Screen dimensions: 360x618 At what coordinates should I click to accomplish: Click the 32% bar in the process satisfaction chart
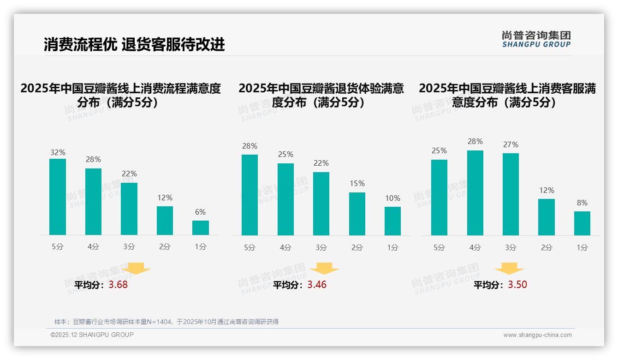pos(58,197)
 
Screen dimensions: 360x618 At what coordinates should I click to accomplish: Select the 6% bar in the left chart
pos(201,228)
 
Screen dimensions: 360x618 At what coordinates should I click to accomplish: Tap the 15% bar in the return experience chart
pos(357,214)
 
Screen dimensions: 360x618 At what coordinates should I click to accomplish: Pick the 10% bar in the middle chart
pos(392,221)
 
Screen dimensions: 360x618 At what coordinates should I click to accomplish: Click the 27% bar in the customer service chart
pos(511,194)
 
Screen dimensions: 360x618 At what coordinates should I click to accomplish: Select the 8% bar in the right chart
pos(582,223)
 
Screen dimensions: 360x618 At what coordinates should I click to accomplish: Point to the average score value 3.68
pos(118,285)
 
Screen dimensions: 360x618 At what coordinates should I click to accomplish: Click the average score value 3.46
pos(317,285)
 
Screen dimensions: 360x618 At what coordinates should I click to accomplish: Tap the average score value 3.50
pos(517,285)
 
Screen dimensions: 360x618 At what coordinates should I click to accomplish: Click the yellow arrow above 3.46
pos(325,269)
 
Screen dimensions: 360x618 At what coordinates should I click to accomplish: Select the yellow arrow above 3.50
pos(509,269)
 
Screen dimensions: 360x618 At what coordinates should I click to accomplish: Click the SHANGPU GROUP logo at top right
pos(536,39)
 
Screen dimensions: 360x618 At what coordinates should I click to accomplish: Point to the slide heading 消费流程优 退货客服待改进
pos(134,44)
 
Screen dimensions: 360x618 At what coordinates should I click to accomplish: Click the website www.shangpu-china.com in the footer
pos(537,335)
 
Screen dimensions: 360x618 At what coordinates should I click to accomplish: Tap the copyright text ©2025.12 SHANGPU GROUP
pos(92,335)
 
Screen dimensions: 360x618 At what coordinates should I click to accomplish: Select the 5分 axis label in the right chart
pos(439,248)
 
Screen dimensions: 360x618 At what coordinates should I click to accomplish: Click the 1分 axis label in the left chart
pos(201,247)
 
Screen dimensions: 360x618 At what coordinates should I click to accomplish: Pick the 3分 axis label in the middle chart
pos(321,248)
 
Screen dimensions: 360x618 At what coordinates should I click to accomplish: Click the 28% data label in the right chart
pos(475,142)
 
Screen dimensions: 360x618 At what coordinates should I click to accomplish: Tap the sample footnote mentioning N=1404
pos(166,322)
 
